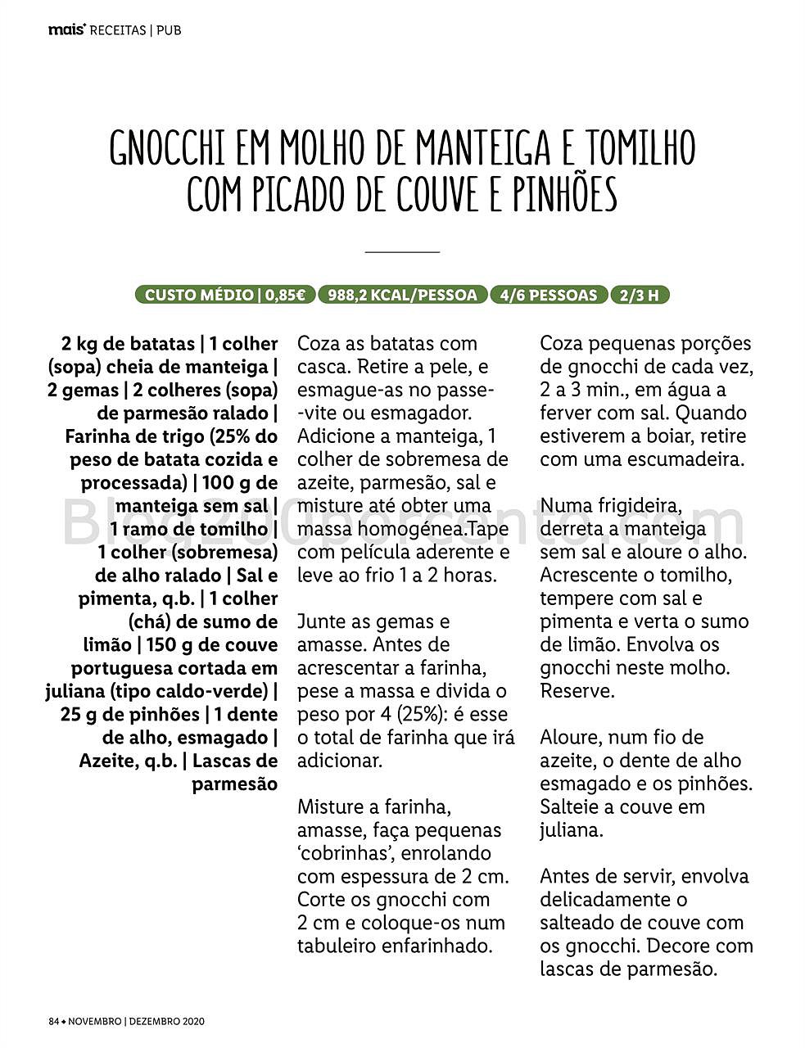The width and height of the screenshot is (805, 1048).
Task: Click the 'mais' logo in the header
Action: (x=66, y=30)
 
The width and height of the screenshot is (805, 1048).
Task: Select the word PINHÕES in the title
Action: (x=564, y=194)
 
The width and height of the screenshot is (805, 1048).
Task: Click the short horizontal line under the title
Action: (x=402, y=251)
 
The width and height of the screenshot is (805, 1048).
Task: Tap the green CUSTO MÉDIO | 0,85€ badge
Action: (x=224, y=295)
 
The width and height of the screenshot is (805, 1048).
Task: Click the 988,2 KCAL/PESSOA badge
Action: (x=402, y=295)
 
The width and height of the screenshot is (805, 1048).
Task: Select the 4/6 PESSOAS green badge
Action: (x=549, y=295)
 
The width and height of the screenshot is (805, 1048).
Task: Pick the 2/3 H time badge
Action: (x=640, y=295)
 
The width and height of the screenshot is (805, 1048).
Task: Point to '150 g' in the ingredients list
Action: (x=173, y=645)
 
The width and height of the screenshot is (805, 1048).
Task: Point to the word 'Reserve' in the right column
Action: (x=575, y=691)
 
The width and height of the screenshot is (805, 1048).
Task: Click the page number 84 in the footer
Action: (x=54, y=1022)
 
